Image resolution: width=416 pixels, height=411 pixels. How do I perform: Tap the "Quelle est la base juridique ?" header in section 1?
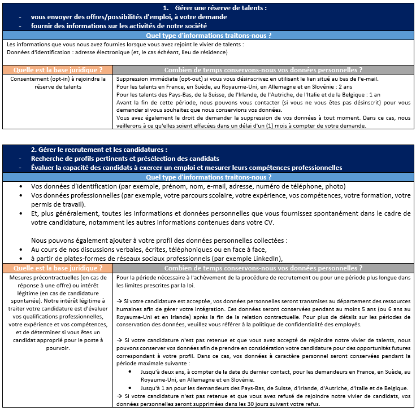[58, 70]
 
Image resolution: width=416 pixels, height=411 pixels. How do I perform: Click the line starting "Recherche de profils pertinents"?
[125, 159]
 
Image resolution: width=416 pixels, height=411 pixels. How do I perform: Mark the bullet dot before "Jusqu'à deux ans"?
[131, 373]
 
